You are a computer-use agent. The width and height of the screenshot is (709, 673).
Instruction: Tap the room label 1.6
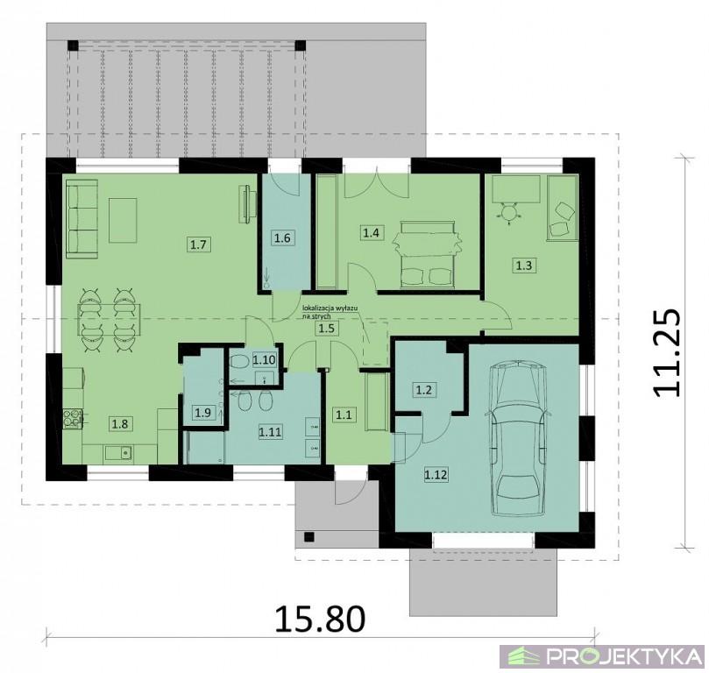click(282, 237)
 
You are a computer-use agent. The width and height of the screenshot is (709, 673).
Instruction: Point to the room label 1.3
click(523, 266)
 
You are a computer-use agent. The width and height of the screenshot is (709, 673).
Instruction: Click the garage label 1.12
click(436, 475)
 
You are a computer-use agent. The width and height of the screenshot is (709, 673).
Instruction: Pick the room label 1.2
click(423, 390)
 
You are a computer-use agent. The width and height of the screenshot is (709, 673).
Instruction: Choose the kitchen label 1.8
click(121, 423)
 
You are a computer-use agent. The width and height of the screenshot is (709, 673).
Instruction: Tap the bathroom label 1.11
click(270, 432)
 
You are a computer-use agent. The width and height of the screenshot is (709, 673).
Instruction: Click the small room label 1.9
click(202, 412)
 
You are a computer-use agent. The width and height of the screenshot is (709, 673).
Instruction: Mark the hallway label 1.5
click(327, 329)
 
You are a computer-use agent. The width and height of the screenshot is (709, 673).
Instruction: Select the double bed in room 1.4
click(428, 254)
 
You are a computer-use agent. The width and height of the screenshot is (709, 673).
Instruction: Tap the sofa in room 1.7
click(82, 219)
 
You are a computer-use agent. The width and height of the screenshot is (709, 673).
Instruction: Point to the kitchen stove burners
click(73, 418)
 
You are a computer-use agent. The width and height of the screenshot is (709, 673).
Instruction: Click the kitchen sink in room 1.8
click(118, 452)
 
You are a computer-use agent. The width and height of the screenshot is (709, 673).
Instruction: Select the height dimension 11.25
click(666, 353)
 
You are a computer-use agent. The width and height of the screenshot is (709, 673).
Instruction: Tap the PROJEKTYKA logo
click(603, 655)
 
